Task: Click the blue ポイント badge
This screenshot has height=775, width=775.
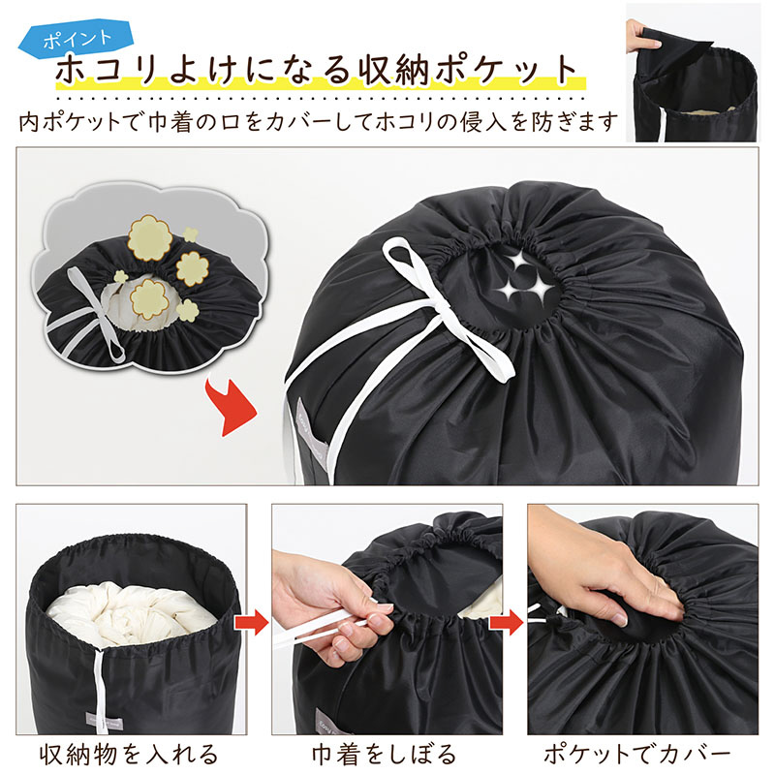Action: tap(77, 39)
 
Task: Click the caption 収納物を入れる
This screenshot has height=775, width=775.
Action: tap(129, 755)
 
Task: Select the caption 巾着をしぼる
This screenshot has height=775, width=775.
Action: tap(384, 755)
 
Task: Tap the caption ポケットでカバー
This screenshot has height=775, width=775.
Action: tap(637, 755)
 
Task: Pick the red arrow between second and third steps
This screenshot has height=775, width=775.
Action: tap(508, 622)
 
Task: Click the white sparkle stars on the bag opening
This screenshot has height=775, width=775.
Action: tap(525, 277)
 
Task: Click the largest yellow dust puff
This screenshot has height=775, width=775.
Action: tap(149, 238)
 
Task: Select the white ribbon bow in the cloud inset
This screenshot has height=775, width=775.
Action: tap(96, 312)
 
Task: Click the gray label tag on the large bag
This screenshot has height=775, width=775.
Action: tap(309, 435)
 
